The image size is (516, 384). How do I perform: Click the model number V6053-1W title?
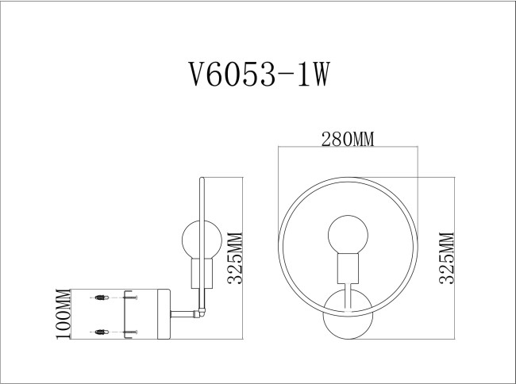click(256, 75)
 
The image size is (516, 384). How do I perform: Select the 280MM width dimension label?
click(347, 140)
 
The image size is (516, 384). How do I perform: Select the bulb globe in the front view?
click(347, 233)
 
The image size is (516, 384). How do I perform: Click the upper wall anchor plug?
click(101, 299)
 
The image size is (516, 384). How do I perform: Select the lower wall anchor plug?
click(101, 331)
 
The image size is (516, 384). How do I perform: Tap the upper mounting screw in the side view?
click(132, 299)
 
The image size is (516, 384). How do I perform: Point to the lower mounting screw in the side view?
click(132, 331)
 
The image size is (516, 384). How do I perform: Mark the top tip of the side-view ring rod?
click(203, 179)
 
